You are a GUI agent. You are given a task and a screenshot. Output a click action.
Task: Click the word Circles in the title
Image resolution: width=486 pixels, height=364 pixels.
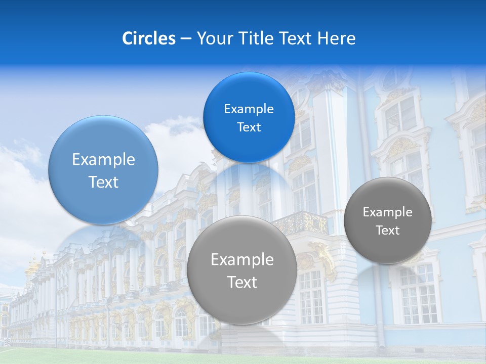148,38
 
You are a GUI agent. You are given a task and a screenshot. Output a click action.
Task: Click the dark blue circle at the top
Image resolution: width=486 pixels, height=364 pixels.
249,117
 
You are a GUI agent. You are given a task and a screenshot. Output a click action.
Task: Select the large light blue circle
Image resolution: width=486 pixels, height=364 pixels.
103,170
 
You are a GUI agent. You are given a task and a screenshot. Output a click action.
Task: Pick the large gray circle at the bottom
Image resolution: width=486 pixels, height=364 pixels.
242,270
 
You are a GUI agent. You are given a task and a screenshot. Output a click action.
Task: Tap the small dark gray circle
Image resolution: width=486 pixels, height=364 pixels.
388,220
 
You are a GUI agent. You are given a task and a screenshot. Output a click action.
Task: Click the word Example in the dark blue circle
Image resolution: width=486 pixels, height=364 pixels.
249,109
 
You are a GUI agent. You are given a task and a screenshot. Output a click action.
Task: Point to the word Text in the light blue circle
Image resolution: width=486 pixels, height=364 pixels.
103,182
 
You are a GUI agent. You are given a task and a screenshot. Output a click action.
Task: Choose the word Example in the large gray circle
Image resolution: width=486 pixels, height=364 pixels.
242,260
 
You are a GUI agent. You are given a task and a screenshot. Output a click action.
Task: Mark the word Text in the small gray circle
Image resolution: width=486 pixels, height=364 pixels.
388,231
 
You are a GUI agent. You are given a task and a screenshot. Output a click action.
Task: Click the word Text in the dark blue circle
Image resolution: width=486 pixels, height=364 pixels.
249,127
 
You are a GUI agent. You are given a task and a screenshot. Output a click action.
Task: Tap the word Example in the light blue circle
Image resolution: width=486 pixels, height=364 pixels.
103,160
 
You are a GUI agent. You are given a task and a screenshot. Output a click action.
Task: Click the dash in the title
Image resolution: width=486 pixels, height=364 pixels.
185,39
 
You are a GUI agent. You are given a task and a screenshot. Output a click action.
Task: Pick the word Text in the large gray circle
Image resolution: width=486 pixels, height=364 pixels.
242,282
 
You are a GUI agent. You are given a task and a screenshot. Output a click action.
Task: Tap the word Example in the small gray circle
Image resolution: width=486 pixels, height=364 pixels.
388,212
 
